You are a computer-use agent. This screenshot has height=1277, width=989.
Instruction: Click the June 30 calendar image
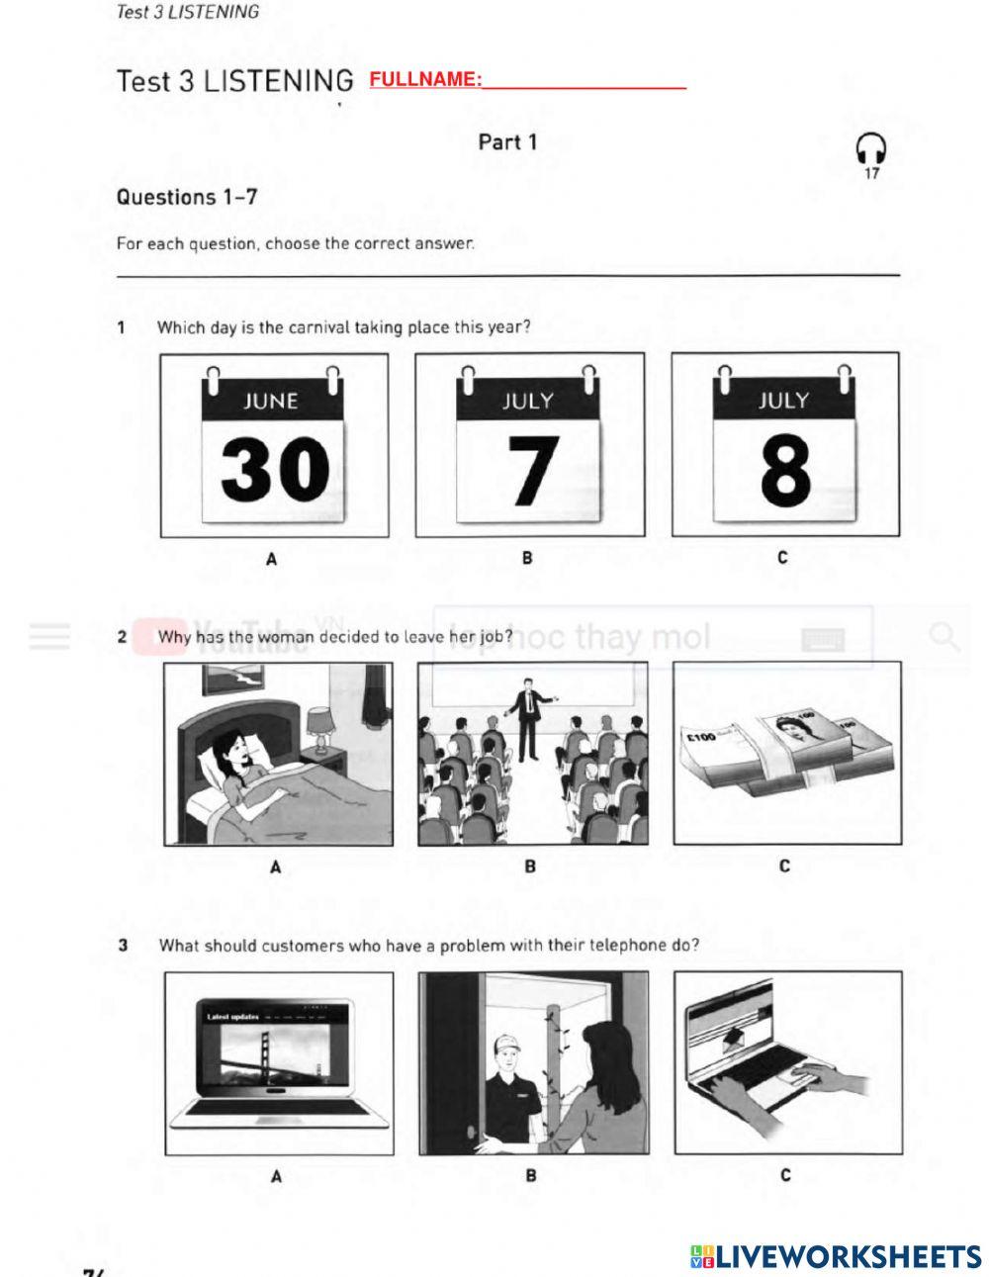(274, 445)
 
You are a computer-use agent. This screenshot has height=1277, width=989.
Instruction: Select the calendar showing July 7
(529, 445)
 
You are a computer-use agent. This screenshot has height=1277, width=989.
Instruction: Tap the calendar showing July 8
(785, 445)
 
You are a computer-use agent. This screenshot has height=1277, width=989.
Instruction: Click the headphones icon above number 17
(870, 149)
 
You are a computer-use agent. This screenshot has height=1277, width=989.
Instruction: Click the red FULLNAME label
(425, 79)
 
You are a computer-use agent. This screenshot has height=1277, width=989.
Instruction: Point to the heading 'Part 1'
(507, 141)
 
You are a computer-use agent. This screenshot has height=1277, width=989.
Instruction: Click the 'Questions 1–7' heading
(187, 197)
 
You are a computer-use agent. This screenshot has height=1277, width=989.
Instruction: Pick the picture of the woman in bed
(277, 754)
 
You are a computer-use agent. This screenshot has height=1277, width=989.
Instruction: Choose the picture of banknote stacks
(786, 754)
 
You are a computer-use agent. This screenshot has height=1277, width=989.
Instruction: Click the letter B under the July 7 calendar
(528, 558)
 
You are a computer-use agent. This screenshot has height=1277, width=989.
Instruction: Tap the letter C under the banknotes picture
(784, 867)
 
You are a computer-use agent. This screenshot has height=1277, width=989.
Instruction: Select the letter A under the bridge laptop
(276, 1176)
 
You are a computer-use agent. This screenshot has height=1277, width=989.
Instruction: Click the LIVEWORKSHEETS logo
(835, 1256)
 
